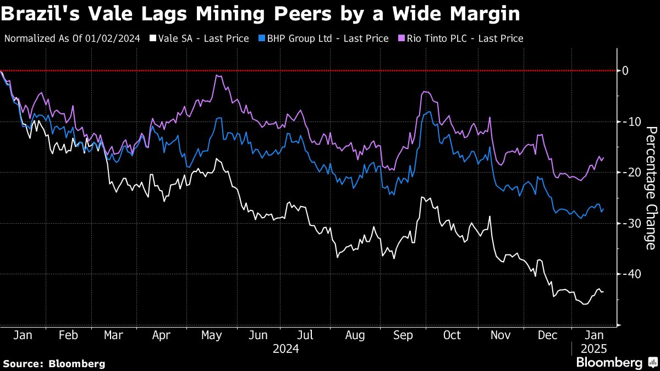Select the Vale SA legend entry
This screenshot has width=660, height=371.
coord(199,38)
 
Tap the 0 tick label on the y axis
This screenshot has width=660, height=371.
coord(625,70)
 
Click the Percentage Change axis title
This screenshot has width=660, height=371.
coord(651,187)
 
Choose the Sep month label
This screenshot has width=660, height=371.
coord(404,335)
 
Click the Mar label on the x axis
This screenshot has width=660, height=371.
coord(114,335)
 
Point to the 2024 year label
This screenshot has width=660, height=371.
coord(286,348)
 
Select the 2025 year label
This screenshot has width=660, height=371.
coord(595,348)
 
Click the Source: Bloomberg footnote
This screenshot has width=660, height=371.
coord(54,363)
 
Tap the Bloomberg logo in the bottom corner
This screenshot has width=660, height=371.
coord(616,363)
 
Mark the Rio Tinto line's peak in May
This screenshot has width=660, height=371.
coord(218,76)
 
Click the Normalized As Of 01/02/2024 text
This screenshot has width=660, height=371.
coord(72,38)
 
